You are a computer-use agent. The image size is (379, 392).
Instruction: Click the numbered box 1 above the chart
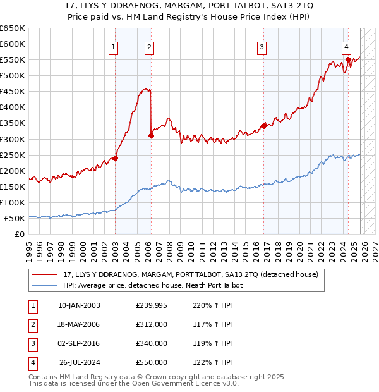point(113,46)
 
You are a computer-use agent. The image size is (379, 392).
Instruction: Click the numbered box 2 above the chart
point(149,46)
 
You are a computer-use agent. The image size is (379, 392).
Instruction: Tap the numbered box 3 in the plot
point(262,46)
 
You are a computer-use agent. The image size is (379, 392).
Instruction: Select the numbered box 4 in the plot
point(347,46)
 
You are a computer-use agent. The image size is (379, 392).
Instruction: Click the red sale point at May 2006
point(151,135)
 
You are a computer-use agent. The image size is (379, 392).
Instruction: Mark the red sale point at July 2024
point(348,59)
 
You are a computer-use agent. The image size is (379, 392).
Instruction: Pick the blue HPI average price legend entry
point(152,285)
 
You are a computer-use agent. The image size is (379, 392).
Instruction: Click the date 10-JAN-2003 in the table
point(79,305)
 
